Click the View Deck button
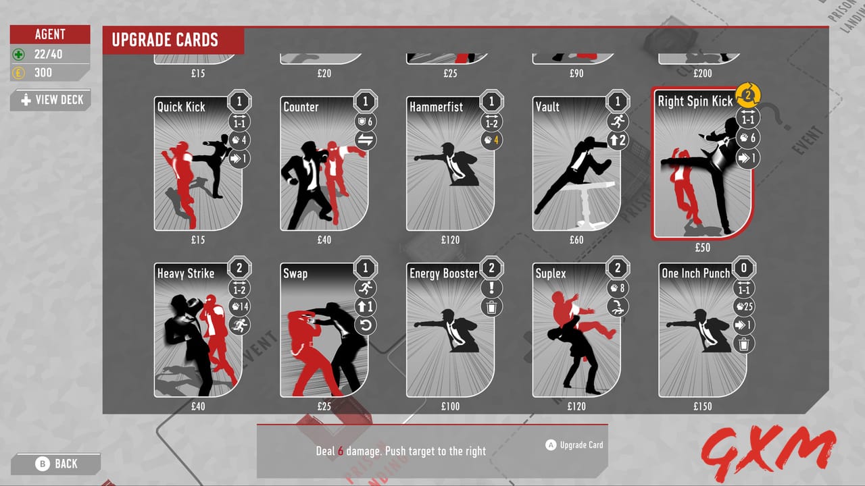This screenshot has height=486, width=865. [x=51, y=100]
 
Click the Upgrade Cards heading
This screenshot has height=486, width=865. [x=165, y=40]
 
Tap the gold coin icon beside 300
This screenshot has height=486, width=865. [x=19, y=73]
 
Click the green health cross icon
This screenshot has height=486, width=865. [x=19, y=55]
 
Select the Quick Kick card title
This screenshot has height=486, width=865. [x=181, y=107]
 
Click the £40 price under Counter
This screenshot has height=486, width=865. [x=324, y=240]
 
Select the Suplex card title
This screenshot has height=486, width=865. [x=551, y=273]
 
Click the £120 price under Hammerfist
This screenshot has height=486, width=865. [x=450, y=240]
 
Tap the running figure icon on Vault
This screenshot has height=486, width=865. [x=617, y=122]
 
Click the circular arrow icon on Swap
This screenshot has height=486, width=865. [x=365, y=326]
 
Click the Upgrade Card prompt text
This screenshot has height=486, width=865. [x=581, y=445]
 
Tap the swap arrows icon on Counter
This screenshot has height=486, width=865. [x=365, y=140]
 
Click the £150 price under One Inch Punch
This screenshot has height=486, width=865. [x=702, y=406]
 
